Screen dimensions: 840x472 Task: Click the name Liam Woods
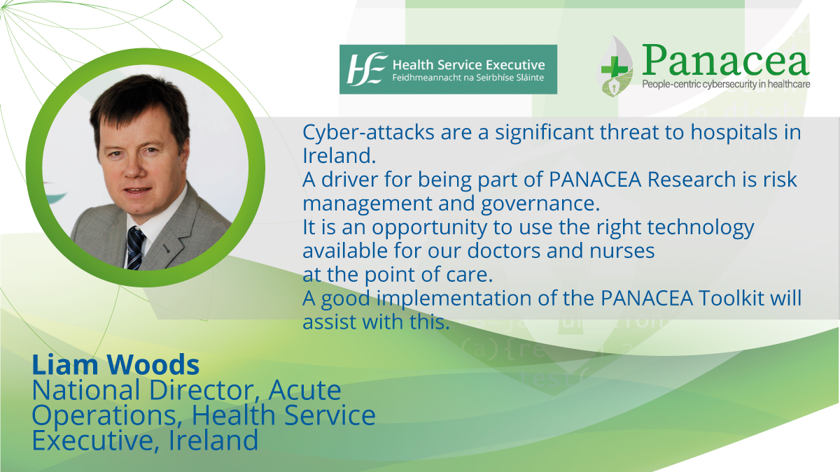point(115,364)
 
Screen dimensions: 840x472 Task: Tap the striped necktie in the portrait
point(135,248)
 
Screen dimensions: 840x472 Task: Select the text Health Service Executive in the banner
point(468,65)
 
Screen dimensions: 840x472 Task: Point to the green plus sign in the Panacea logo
point(615,69)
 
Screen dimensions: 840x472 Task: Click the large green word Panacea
point(725,60)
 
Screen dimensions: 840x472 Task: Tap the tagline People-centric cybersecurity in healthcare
point(726,85)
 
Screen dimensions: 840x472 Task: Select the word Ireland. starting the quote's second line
point(339,156)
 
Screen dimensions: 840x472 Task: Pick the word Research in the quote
point(691,180)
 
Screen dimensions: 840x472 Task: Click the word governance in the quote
point(540,204)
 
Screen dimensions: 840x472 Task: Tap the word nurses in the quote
point(622,250)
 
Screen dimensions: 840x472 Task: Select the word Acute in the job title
point(304,390)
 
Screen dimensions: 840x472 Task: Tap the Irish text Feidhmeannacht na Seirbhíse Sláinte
point(468,78)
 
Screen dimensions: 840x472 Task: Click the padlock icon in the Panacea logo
point(615,87)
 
